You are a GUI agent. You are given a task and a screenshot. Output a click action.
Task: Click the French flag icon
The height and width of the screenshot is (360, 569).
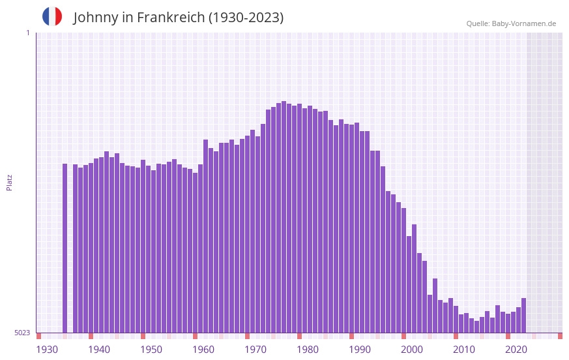[52, 16]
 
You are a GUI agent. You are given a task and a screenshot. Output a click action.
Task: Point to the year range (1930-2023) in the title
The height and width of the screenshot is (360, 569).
[246, 18]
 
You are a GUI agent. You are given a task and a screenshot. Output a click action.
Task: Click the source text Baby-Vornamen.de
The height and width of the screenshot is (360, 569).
[523, 23]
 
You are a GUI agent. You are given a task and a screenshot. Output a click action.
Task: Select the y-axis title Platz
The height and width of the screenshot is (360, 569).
[9, 182]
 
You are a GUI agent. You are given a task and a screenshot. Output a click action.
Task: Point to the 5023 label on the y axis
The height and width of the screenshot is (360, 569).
[22, 333]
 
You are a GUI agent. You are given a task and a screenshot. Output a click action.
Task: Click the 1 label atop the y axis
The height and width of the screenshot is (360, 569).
[27, 33]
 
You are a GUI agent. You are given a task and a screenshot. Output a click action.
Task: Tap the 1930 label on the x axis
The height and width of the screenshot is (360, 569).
[47, 349]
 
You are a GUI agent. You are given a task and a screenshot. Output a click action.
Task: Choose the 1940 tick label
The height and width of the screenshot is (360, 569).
[99, 349]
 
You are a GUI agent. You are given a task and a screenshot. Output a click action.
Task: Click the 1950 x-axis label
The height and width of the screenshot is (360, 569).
[151, 349]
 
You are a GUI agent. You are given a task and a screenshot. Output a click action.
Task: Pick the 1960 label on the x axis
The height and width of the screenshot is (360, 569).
[203, 349]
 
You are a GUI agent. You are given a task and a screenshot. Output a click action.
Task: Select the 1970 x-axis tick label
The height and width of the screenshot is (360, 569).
[255, 349]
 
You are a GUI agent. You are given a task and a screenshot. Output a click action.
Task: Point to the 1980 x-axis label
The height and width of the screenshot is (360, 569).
[308, 349]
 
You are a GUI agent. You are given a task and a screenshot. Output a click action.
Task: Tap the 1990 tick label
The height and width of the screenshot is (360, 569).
[360, 349]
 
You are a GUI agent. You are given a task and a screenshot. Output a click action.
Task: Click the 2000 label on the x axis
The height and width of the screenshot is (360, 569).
[412, 349]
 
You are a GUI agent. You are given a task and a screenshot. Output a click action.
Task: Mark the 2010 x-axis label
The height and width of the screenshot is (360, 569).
[464, 349]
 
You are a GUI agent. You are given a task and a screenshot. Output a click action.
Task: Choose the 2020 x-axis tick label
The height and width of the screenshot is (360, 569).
[516, 349]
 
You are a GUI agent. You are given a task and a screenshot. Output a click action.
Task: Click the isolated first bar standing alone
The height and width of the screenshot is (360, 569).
[65, 248]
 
